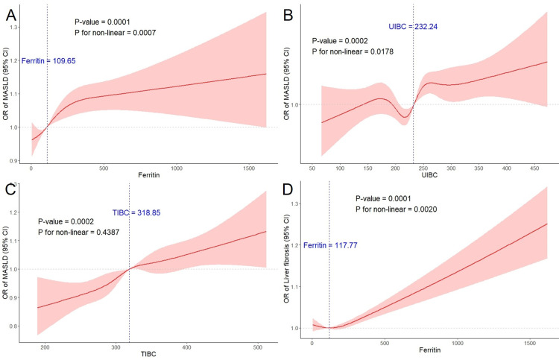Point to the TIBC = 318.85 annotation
click(137, 213)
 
